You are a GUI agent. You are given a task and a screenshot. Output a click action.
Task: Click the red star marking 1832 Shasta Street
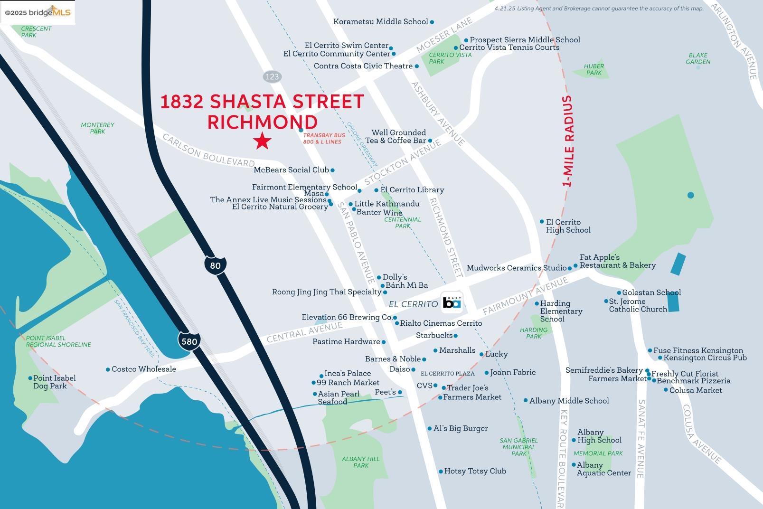click(x=262, y=141)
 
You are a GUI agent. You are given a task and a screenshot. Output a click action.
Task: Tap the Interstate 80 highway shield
click(x=215, y=265)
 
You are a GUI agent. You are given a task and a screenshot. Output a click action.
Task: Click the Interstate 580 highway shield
click(x=189, y=341)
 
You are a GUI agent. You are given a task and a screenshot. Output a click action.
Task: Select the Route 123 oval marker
click(x=272, y=76)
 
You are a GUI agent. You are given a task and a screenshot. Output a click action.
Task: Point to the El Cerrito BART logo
click(x=452, y=302)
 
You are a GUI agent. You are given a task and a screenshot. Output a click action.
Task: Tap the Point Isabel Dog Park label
click(x=54, y=382)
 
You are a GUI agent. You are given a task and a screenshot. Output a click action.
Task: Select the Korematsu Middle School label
click(x=380, y=22)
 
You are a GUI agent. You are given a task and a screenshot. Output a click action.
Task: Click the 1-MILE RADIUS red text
click(x=567, y=141)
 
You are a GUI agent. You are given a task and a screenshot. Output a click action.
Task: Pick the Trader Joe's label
click(x=467, y=388)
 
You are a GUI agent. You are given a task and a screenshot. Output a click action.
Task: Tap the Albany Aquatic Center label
click(x=603, y=469)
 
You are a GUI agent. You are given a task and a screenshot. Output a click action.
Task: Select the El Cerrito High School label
click(x=568, y=226)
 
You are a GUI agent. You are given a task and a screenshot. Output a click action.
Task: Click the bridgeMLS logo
click(x=38, y=12)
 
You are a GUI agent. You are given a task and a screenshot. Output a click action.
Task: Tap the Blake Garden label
click(x=697, y=58)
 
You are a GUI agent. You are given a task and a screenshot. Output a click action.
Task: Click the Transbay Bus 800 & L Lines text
click(x=322, y=138)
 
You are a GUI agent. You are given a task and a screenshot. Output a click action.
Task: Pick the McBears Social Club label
click(x=291, y=170)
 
